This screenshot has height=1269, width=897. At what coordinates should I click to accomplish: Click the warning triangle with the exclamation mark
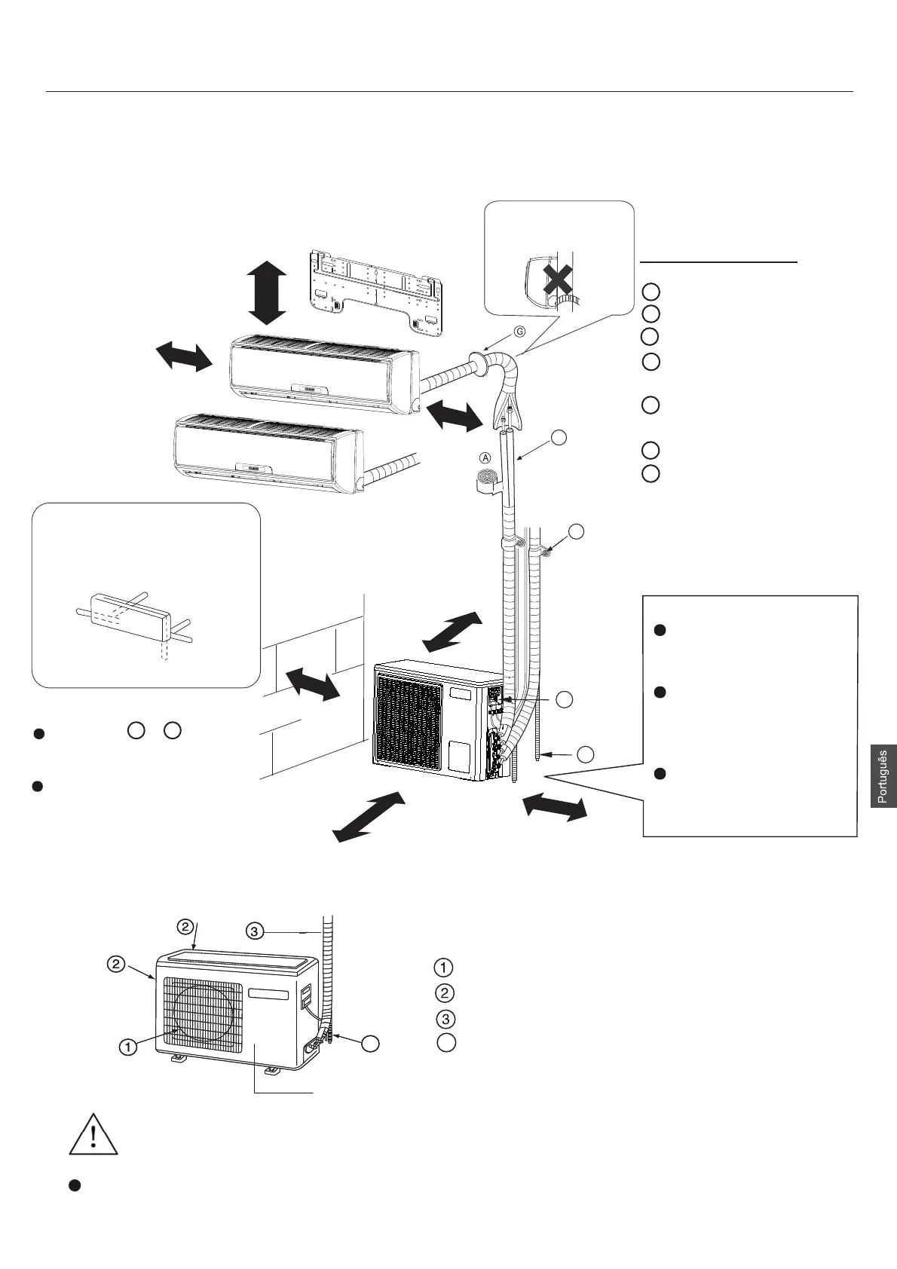point(93,1132)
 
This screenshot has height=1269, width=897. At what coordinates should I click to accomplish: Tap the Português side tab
point(883,776)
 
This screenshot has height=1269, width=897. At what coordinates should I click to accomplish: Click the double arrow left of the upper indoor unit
point(184,356)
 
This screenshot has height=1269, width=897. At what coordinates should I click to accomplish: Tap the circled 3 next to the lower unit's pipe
point(255,931)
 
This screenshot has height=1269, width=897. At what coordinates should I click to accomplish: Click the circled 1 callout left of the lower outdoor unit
point(129,1046)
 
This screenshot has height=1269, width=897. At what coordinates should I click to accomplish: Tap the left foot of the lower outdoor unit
point(178,1059)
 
